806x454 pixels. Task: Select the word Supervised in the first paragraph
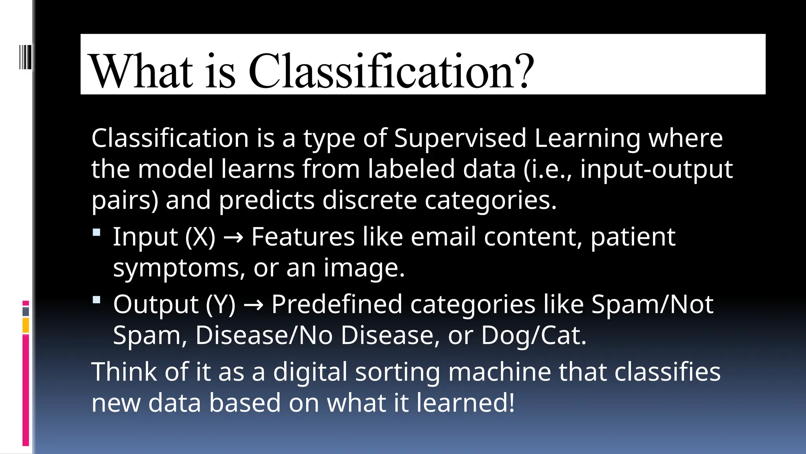460,138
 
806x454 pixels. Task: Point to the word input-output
656,169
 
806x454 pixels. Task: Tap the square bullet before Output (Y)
96,300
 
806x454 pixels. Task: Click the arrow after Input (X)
233,238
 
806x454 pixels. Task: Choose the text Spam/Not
652,304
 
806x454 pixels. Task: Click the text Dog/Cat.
533,335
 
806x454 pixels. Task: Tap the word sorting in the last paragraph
397,372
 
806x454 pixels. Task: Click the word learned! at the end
465,403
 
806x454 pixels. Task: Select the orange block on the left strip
26,326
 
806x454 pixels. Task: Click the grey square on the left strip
26,311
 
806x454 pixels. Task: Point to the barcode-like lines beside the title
25,57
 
